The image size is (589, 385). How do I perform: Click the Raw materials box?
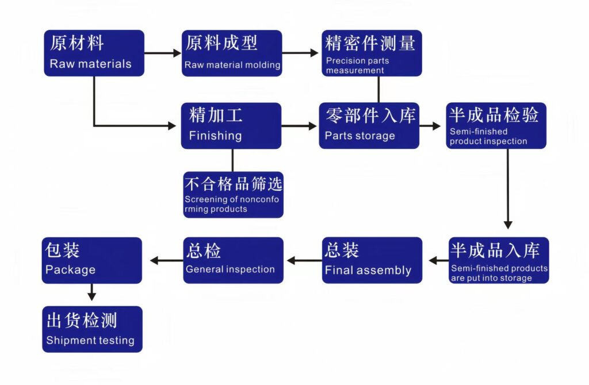coord(94,53)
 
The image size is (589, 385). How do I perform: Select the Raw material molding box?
coord(232,53)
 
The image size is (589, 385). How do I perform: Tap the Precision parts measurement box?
coord(372,53)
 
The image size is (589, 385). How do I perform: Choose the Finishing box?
coord(231,126)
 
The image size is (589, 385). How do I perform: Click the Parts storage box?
coord(369,126)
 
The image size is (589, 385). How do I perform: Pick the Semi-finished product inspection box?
coord(496,126)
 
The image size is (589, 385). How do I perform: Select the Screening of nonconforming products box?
coord(234,195)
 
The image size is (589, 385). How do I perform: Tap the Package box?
coord(91,260)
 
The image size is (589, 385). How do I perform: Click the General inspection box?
coord(234,260)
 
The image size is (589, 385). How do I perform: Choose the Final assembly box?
coord(372,260)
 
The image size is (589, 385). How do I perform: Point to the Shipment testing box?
coord(92,329)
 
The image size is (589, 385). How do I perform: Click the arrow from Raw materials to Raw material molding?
coord(163,53)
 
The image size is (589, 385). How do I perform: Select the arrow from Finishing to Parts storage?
coord(299,126)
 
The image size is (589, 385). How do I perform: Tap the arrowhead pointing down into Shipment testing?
coord(91,297)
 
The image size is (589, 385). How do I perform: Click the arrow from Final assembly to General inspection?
coord(304,260)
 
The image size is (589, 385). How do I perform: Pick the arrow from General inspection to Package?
coord(166,260)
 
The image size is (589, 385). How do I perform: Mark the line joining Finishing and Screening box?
coord(232,160)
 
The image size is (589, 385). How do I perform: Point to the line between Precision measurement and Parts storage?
coord(378,89)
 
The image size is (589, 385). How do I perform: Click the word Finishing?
coord(215,136)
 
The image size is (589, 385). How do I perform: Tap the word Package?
coord(70,270)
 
